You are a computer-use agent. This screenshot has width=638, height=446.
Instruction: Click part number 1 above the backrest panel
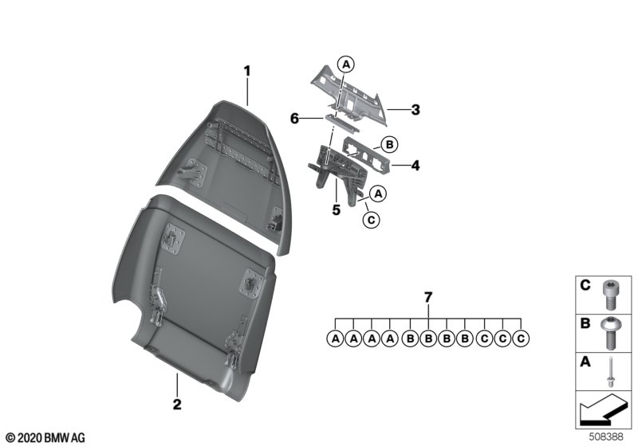point(247,71)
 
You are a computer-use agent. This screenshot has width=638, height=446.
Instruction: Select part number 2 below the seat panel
point(177,405)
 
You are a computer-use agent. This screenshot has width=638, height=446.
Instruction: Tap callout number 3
point(415,110)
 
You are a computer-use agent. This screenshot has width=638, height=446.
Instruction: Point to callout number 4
point(415,166)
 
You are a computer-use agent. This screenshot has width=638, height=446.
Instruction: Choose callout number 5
point(336,210)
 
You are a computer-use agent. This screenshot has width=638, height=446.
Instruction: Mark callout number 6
point(294,119)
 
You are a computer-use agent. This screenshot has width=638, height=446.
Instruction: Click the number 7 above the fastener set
point(428,298)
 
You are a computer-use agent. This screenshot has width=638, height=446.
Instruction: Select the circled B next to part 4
point(389,144)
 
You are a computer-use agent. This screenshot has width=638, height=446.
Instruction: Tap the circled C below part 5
point(371,220)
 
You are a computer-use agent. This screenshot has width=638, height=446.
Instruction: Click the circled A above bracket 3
point(346,64)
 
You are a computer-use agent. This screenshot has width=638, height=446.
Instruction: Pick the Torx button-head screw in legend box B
point(609,333)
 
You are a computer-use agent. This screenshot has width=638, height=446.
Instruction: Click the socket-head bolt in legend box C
point(609,295)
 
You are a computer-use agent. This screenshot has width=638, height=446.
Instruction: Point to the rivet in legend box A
point(611,372)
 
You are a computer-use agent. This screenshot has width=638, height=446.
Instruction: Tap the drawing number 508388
point(606,437)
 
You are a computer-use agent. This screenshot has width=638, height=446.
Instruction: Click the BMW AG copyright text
point(45,438)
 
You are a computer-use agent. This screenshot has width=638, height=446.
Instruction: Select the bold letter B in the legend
point(585,323)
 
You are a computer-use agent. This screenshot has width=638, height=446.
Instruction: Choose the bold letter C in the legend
point(585,286)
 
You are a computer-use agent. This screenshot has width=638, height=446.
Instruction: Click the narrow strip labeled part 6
point(342,124)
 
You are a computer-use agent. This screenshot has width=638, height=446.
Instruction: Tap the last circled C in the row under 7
point(521,338)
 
